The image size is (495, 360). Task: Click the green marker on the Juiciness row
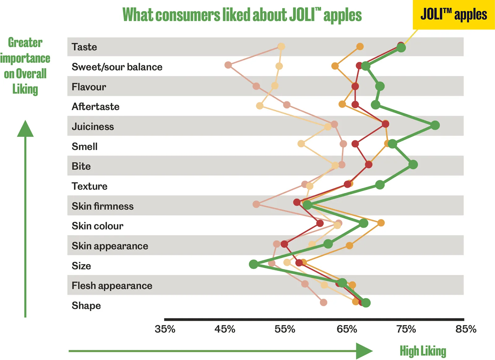435,125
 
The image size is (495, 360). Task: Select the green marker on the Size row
254,264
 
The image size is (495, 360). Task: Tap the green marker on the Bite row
413,165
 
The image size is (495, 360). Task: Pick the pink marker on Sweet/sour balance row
228,65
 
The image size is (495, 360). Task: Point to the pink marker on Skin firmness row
256,204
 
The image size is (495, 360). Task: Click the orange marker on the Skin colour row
381,223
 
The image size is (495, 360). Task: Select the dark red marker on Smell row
355,144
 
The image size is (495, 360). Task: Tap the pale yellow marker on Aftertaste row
260,106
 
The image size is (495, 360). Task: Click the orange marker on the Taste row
360,46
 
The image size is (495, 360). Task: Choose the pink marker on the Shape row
323,302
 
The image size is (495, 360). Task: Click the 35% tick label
165,329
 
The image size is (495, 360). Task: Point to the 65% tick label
347,329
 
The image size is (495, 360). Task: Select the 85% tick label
466,329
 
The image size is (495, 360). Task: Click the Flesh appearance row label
112,285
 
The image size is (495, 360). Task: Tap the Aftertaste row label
96,107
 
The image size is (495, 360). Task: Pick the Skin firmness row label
103,206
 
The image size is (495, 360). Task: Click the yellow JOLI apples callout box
454,15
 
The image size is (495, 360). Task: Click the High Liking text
423,351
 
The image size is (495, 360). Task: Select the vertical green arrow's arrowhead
25,129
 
